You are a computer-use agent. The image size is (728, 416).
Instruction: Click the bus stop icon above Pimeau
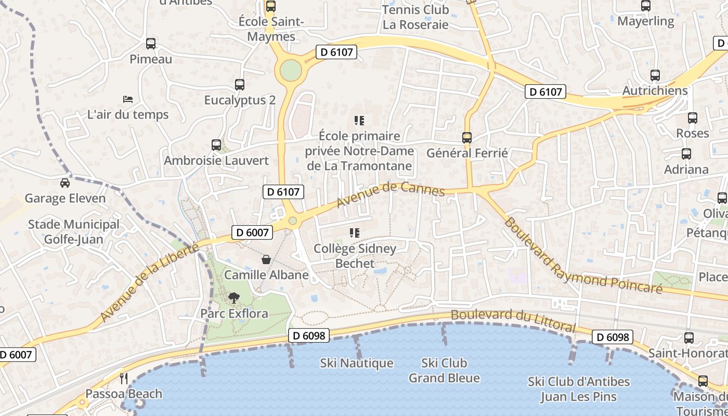click(x=151, y=44)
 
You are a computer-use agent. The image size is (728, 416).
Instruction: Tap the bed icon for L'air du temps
click(x=128, y=99)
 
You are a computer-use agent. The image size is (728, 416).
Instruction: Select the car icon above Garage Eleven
click(x=65, y=183)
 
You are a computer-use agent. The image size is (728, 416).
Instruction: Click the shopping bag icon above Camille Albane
click(x=266, y=259)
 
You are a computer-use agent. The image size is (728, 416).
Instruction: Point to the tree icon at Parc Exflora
click(x=234, y=298)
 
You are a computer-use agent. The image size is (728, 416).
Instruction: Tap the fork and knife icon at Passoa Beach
click(x=124, y=378)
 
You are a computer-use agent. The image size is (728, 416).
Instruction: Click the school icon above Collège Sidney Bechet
click(x=355, y=233)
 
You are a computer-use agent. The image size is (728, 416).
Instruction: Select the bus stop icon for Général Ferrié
click(x=467, y=138)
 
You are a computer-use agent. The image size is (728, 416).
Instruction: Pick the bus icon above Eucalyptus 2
click(x=240, y=84)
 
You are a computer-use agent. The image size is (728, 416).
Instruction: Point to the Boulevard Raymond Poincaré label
click(x=582, y=256)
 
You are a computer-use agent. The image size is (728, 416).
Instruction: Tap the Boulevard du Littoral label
click(x=513, y=320)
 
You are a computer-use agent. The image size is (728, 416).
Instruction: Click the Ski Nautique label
click(x=357, y=363)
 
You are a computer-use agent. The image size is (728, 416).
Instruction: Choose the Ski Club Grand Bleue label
click(x=444, y=370)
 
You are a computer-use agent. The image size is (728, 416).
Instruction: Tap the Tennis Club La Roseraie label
click(x=415, y=17)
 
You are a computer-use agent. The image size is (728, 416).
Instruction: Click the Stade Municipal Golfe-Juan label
click(x=74, y=232)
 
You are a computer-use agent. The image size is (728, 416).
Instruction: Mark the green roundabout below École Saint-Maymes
click(x=291, y=71)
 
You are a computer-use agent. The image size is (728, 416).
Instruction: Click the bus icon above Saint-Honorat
click(x=689, y=338)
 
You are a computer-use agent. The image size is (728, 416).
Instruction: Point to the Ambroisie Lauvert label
click(x=216, y=161)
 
